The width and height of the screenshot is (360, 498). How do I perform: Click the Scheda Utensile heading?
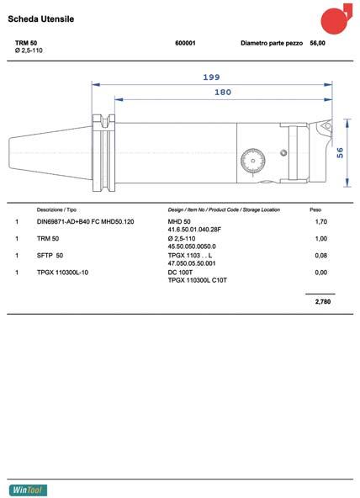[41, 19]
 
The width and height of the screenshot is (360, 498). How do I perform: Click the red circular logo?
[336, 19]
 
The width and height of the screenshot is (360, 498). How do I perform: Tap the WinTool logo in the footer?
[28, 490]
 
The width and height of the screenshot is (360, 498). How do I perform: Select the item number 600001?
[185, 43]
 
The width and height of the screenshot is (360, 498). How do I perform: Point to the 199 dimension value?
[211, 77]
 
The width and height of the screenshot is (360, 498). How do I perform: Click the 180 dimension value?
[223, 92]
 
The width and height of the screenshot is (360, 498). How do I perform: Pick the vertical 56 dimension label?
[340, 153]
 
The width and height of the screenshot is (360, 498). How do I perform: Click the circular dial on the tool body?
[252, 161]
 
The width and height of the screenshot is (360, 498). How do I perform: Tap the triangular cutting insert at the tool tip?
[326, 125]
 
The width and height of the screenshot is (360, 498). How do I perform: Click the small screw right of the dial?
[283, 153]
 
